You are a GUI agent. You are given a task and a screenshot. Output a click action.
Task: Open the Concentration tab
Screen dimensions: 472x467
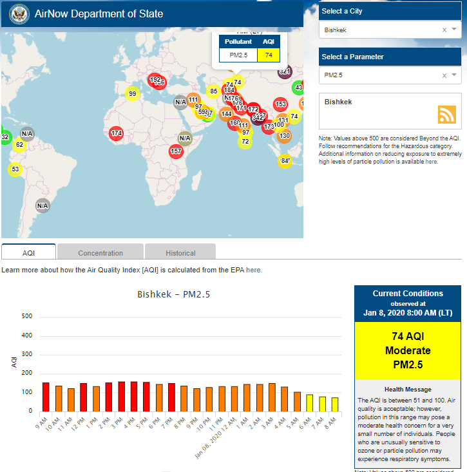coord(100,253)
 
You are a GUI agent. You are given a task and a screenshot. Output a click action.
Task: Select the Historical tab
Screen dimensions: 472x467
coord(180,253)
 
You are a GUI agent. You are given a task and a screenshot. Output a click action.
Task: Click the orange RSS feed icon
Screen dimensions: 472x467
coord(446,114)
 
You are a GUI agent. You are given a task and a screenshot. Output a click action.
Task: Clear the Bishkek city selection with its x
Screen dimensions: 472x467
coord(444,30)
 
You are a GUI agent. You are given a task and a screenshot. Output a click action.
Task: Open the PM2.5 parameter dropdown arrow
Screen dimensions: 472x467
coord(454,75)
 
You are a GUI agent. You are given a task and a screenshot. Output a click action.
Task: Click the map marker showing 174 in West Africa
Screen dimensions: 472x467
coord(116,133)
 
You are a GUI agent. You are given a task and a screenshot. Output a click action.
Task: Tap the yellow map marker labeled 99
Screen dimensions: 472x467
coord(132,94)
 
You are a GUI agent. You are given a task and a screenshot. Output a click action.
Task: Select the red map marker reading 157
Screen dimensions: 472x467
coord(176,151)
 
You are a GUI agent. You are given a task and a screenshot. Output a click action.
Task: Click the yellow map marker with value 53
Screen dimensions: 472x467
coord(15,169)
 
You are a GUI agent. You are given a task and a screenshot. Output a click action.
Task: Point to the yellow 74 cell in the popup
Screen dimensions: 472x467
coord(268,55)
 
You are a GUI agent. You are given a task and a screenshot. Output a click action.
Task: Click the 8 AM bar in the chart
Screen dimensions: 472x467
coord(335,404)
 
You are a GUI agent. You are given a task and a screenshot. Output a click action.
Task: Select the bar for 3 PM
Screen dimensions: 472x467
coord(122,396)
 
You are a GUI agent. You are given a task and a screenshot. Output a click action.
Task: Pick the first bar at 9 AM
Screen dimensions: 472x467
coord(46,397)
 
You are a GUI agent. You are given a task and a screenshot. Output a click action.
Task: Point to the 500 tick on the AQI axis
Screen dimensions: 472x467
coord(26,316)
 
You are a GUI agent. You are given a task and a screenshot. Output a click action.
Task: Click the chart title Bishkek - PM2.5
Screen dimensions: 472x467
coord(174,295)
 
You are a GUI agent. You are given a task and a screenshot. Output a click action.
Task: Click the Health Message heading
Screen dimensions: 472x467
coord(407,389)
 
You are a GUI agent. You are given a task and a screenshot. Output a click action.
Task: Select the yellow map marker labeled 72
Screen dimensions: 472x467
coord(245,142)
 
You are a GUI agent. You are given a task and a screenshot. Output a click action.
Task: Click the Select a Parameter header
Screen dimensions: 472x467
coord(352,57)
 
